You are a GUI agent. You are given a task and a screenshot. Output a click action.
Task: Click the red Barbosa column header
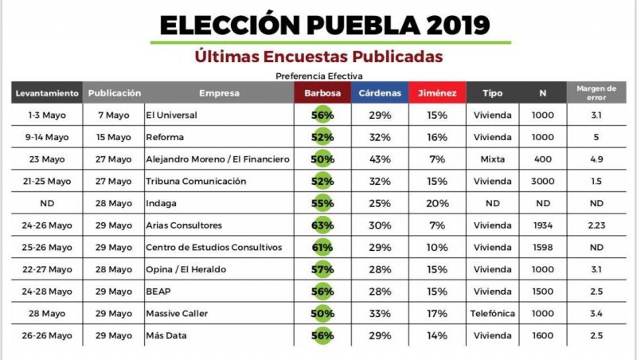point(322,93)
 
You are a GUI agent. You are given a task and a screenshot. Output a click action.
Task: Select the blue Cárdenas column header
point(379,93)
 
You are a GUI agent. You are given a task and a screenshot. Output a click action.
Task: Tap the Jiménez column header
point(436,93)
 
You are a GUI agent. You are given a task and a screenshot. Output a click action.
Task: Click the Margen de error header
point(601,92)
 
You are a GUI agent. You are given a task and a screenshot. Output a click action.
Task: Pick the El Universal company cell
point(171,115)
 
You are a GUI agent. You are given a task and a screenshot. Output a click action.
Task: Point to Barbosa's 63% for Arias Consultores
point(322,225)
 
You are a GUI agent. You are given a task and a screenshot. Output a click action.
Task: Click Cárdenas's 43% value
point(379,159)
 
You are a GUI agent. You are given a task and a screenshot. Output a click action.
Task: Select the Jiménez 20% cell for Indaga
point(436,203)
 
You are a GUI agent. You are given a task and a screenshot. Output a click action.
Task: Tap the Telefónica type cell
point(493,314)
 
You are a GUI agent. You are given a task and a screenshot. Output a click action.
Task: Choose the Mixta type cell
point(493,159)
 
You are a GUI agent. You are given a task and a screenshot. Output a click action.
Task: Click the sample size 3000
point(542,182)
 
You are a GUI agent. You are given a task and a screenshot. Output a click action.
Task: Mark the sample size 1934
point(542,225)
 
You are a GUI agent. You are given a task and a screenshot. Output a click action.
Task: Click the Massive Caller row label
point(178,314)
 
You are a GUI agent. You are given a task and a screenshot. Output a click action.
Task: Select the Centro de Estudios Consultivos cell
point(213,248)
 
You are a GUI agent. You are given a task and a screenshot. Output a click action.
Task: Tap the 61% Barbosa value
point(322,248)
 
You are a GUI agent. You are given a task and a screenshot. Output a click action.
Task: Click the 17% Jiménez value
point(436,314)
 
